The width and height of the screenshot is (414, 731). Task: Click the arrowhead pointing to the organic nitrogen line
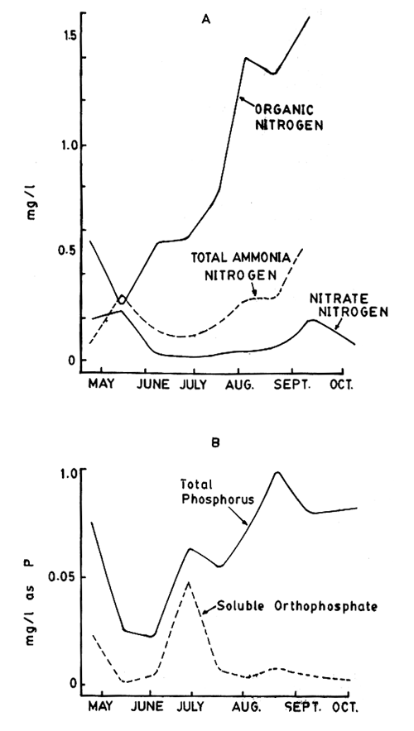click(x=241, y=99)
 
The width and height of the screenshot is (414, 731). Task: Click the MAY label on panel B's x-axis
click(x=102, y=709)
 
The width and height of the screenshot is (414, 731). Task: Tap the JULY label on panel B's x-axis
click(x=191, y=709)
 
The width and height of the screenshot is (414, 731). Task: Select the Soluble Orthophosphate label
click(x=302, y=606)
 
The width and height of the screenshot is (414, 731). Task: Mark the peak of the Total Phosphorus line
click(x=277, y=472)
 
